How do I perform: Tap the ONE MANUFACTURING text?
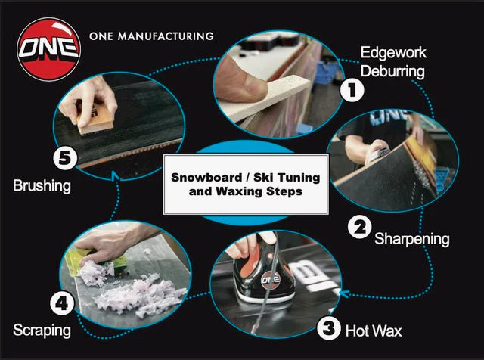tap(151, 36)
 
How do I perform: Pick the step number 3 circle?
tap(327, 328)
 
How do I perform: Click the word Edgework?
tap(392, 53)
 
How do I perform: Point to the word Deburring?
tap(392, 72)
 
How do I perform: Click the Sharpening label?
tap(413, 239)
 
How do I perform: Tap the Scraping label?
tap(42, 330)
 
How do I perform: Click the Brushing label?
tap(42, 185)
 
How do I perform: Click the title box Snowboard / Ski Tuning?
tap(246, 184)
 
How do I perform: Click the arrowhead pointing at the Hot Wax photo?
tap(343, 293)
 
